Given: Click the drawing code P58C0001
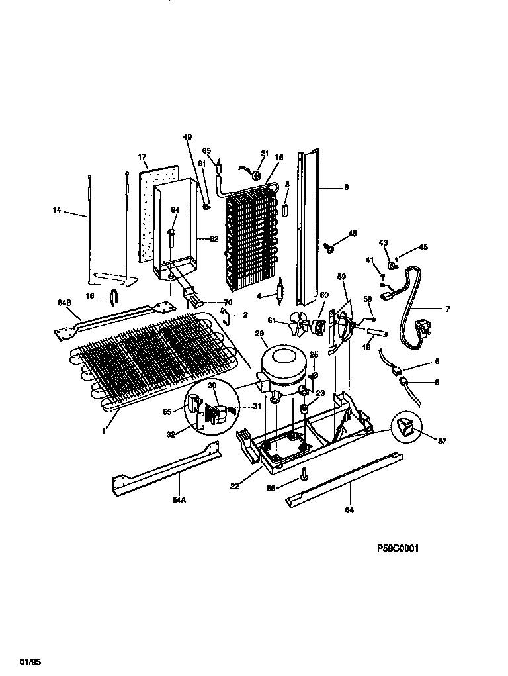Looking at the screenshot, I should [x=398, y=548].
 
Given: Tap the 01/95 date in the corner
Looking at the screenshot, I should [x=27, y=661].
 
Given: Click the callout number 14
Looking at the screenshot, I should [x=57, y=211].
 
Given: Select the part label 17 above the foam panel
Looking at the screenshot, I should [x=142, y=157].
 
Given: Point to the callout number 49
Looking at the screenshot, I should [x=187, y=137].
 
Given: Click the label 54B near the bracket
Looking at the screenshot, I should [x=64, y=303].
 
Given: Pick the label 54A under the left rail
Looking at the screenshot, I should [x=179, y=501].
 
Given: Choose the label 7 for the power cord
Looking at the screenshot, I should [x=446, y=309].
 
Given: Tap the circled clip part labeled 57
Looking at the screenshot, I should [x=407, y=428].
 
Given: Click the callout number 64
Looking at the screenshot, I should [x=175, y=211].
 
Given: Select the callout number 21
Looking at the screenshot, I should [x=264, y=154].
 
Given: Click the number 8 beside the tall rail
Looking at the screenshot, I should [x=345, y=187].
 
